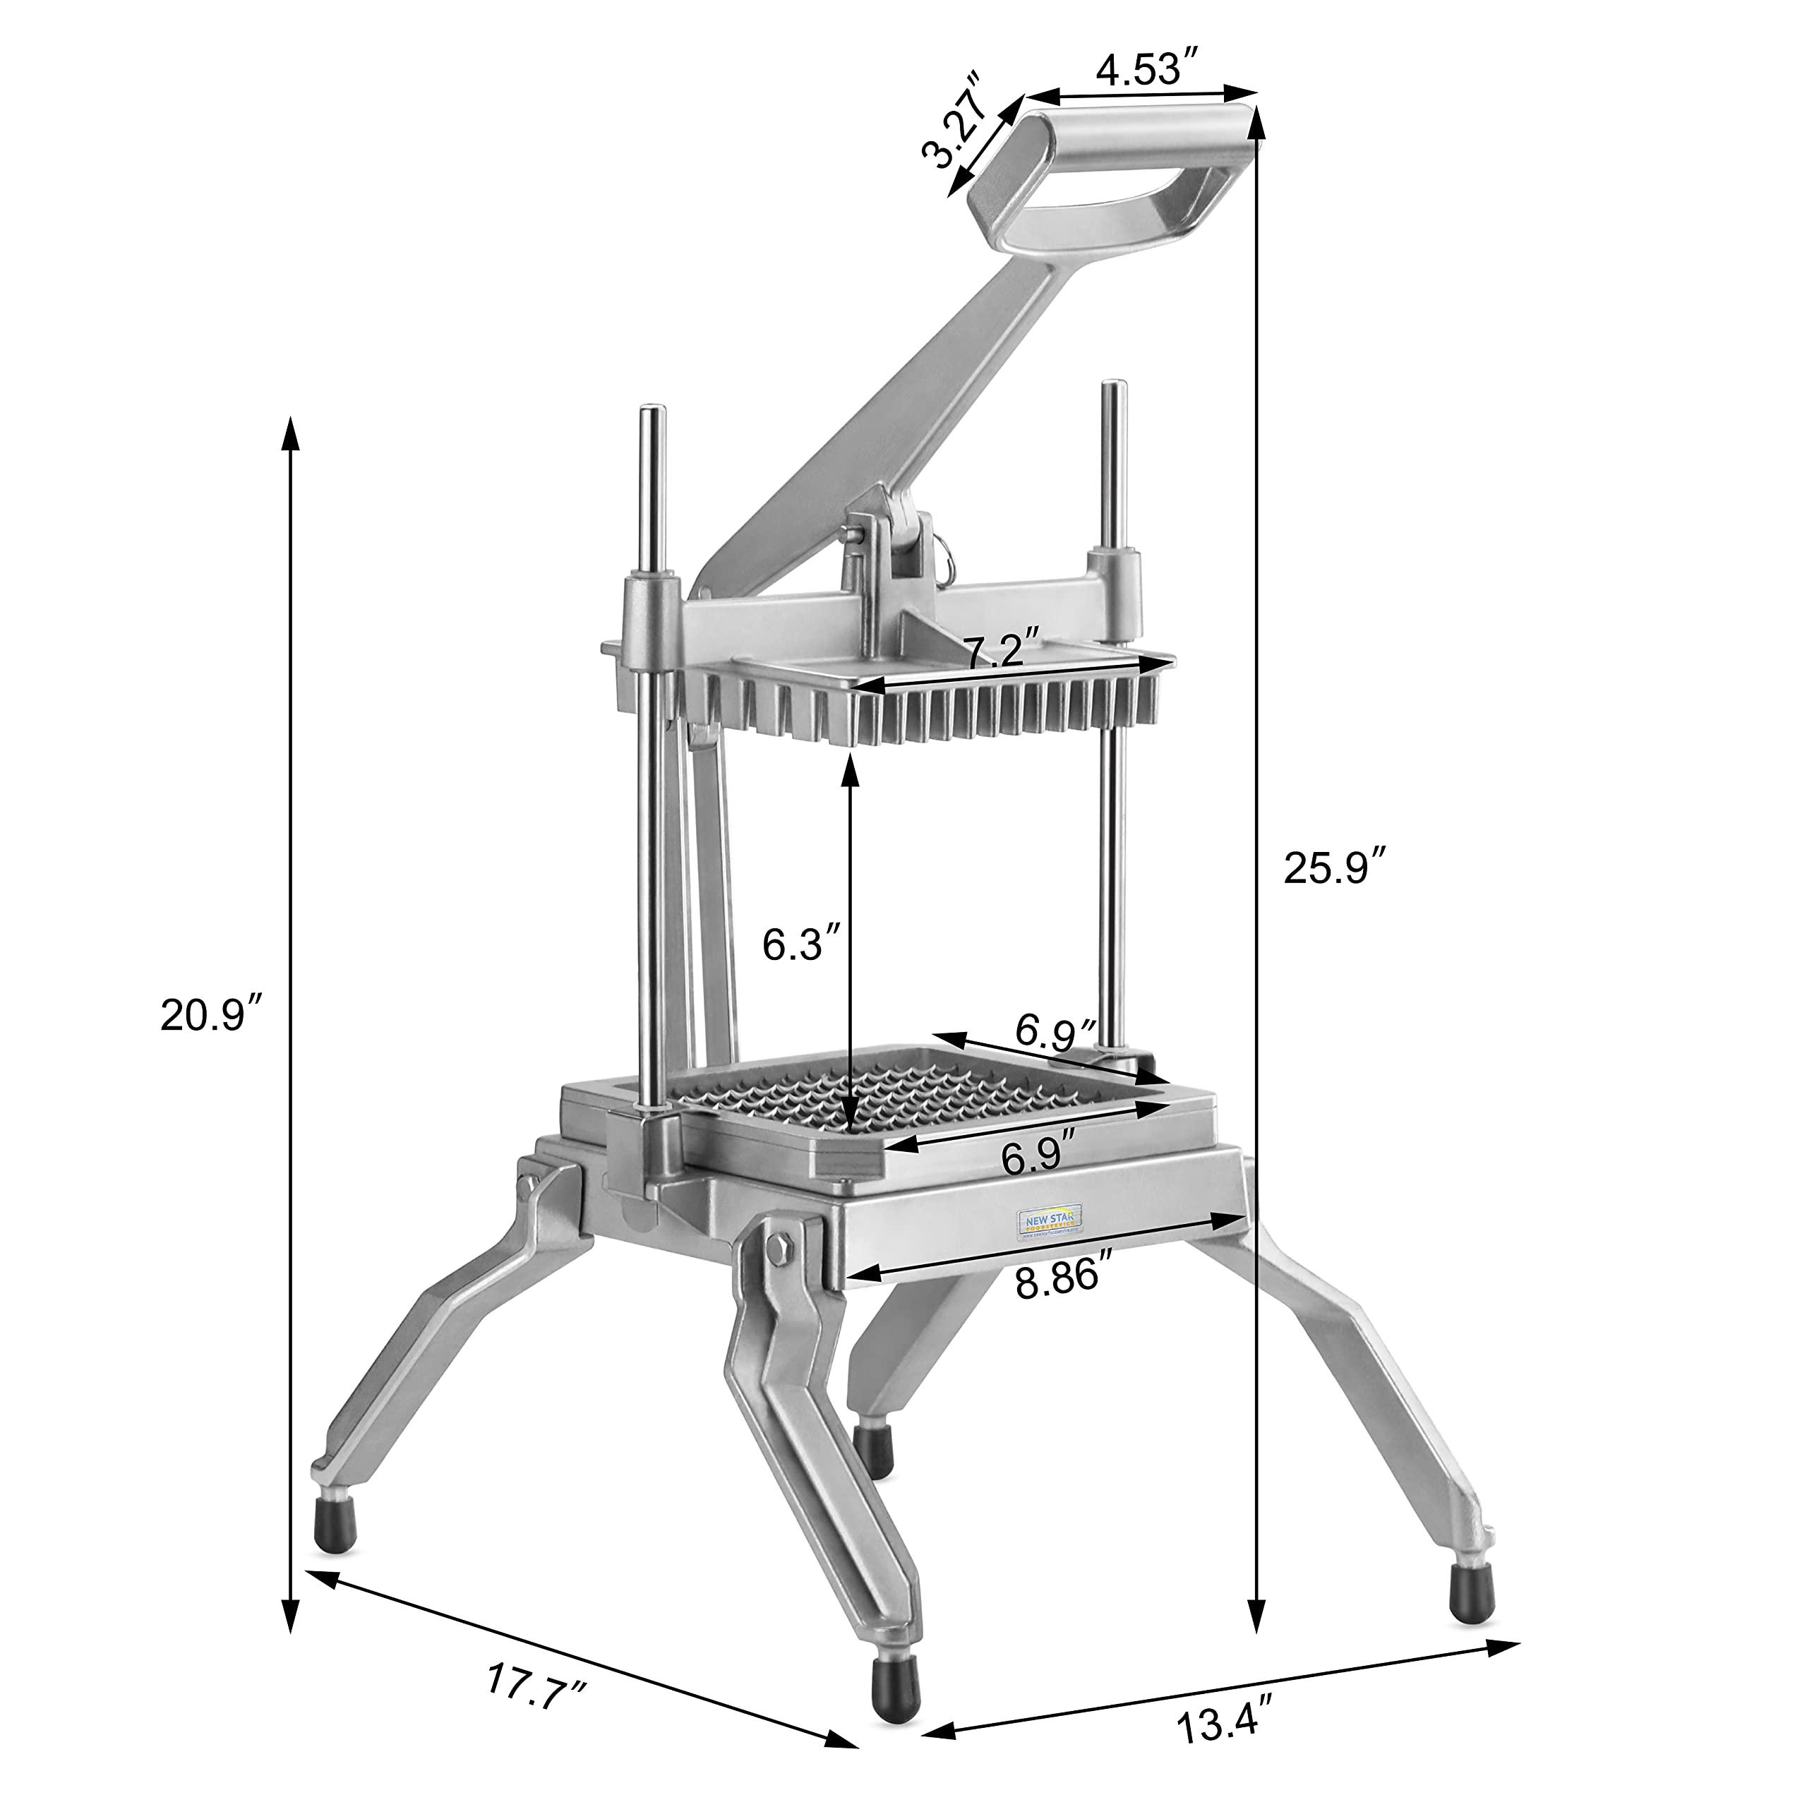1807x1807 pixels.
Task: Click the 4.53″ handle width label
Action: click(1148, 70)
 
